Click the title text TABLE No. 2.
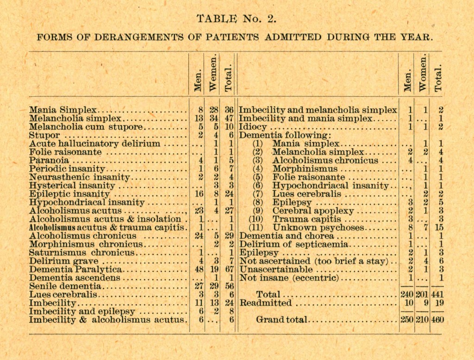(x=236, y=19)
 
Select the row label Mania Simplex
(x=63, y=110)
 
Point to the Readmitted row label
(x=266, y=303)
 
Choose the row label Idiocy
(x=253, y=127)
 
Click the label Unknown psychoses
(x=318, y=227)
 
